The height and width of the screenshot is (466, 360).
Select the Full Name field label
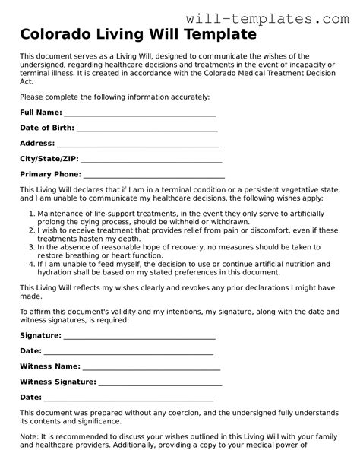point(40,113)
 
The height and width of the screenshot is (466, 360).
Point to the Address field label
point(37,143)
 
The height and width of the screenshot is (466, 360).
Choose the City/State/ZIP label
point(49,159)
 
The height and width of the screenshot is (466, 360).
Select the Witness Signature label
point(58,382)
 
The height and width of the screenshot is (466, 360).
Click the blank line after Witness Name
point(152,366)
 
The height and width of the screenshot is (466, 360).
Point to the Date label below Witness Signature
point(30,397)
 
